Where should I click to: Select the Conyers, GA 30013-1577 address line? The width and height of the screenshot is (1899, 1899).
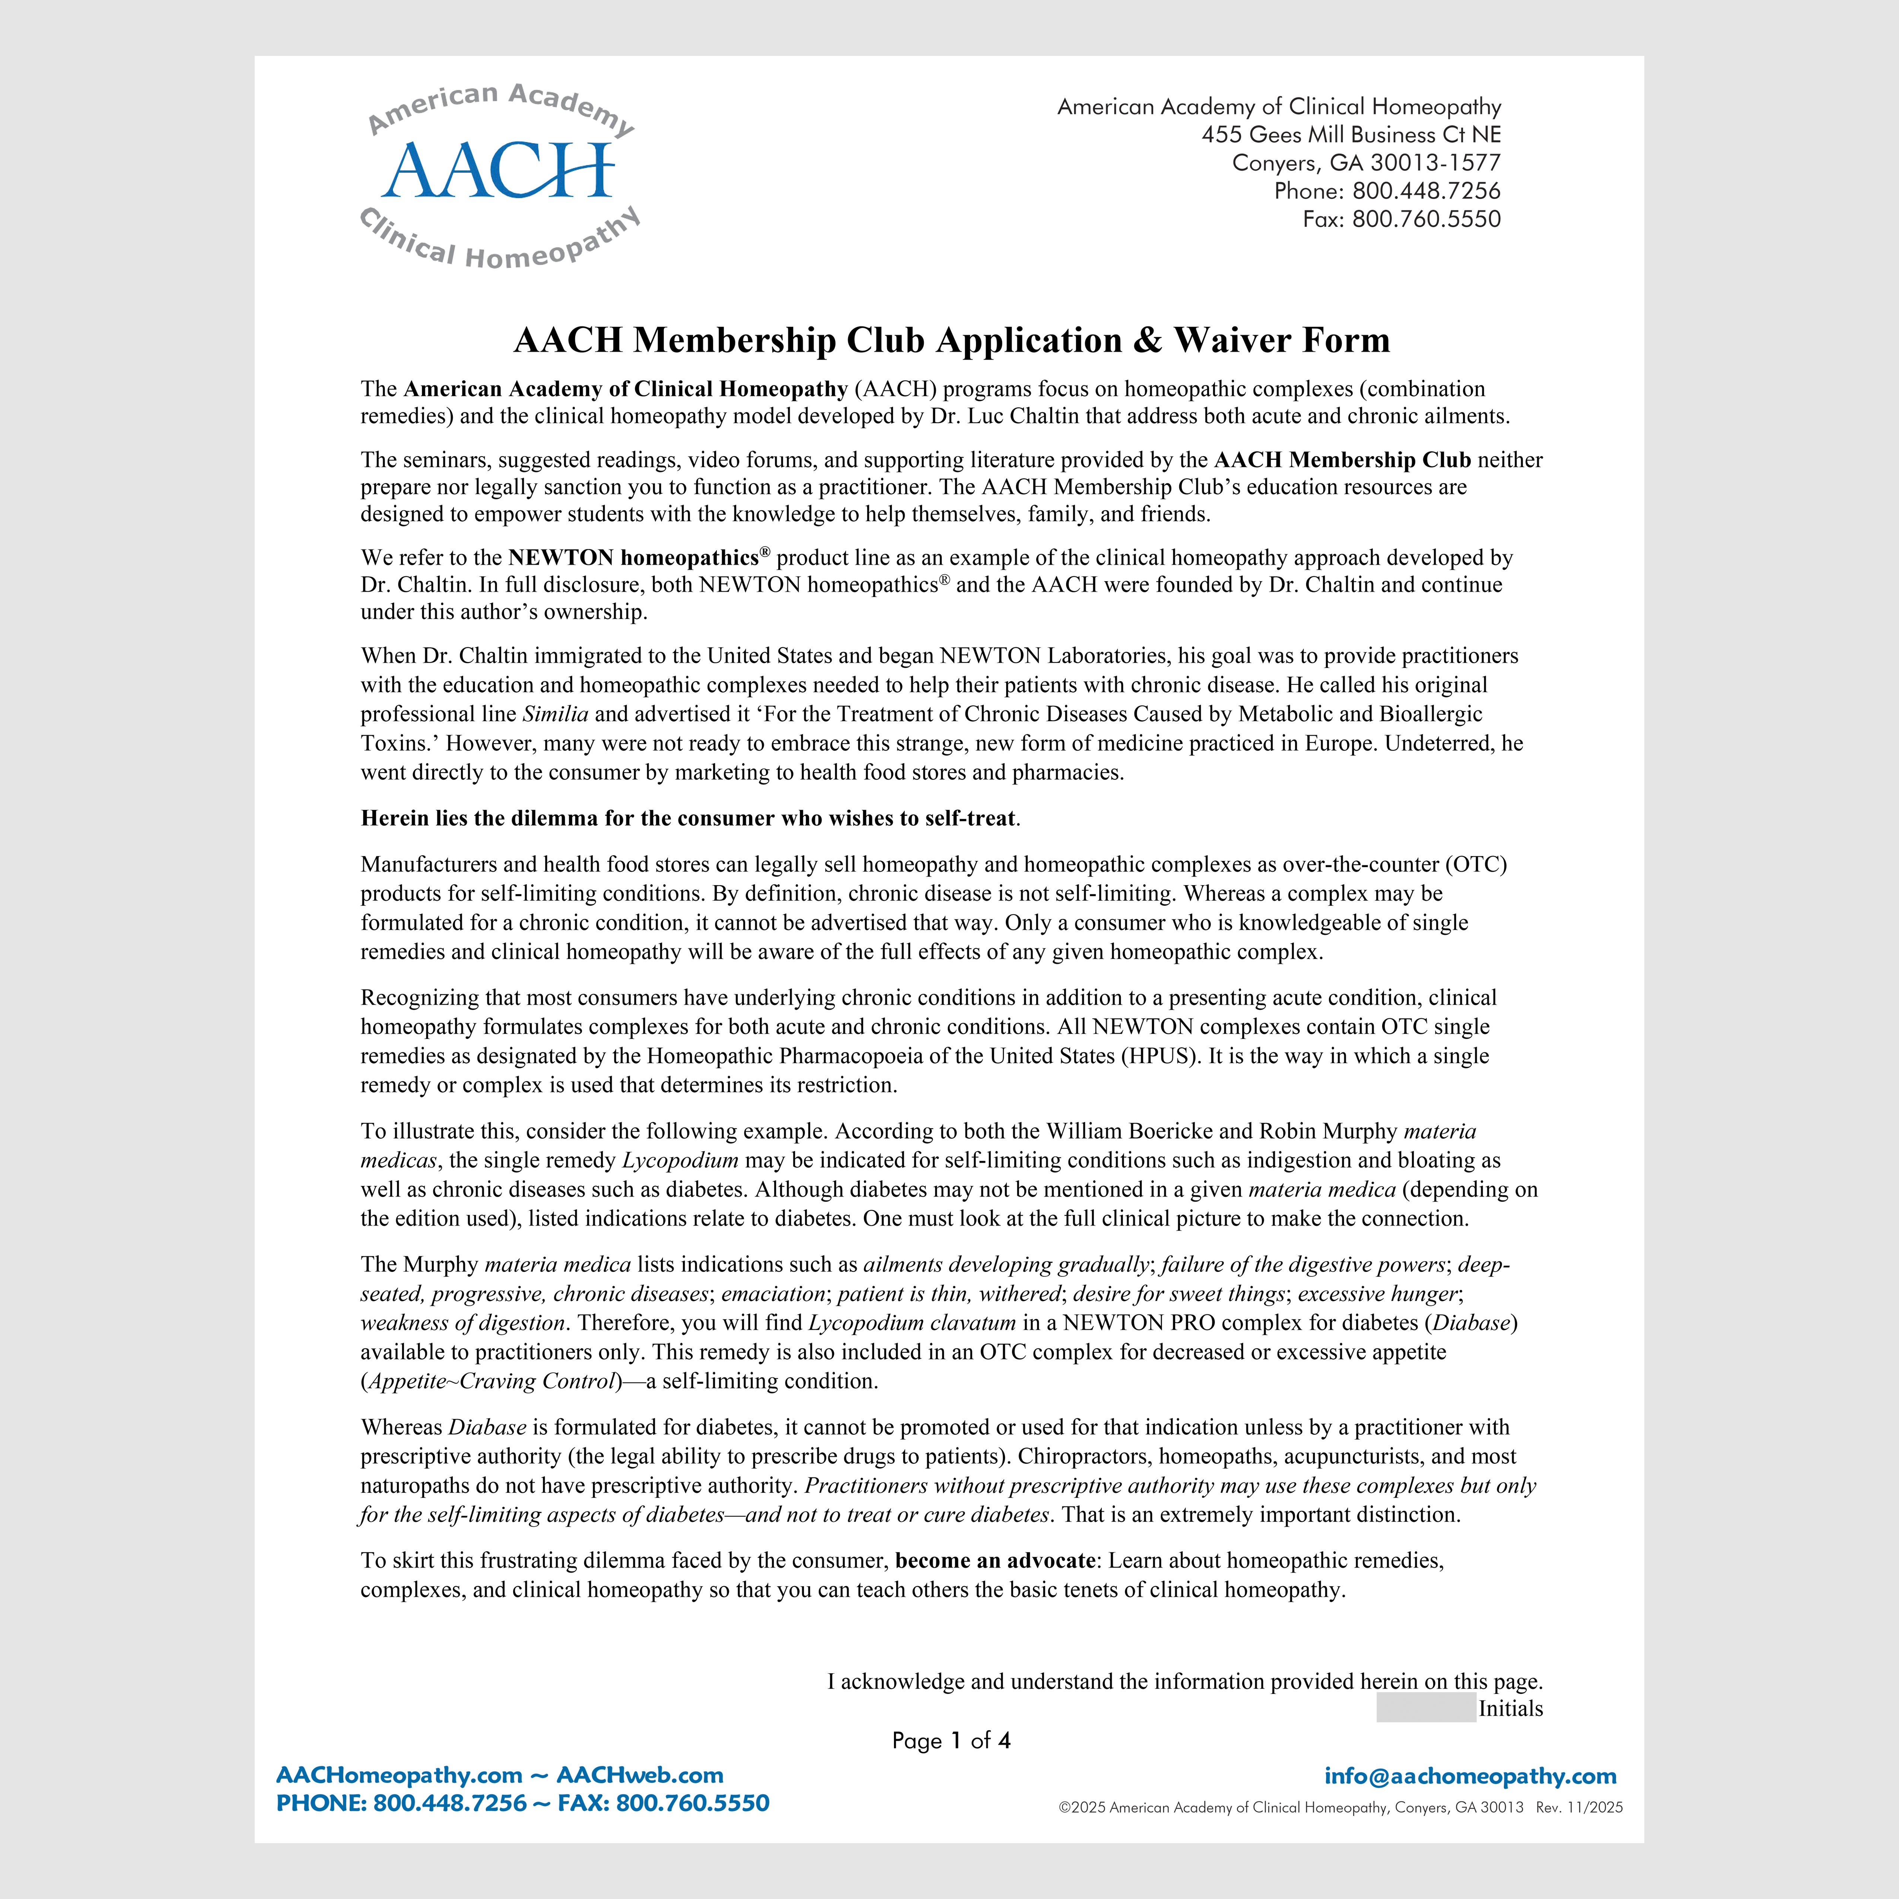coord(1366,163)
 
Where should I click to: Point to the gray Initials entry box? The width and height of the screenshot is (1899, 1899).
coord(1425,1708)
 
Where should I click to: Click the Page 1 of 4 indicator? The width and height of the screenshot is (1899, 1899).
coord(951,1741)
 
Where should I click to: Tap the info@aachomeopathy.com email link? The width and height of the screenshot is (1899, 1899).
coord(1469,1776)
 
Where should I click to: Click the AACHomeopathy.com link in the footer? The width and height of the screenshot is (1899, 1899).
coord(399,1775)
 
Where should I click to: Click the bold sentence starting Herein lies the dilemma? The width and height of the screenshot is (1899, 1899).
coord(688,818)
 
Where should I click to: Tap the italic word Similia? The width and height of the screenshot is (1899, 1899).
coord(555,713)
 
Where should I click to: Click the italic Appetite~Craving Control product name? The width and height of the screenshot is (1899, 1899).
coord(492,1381)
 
